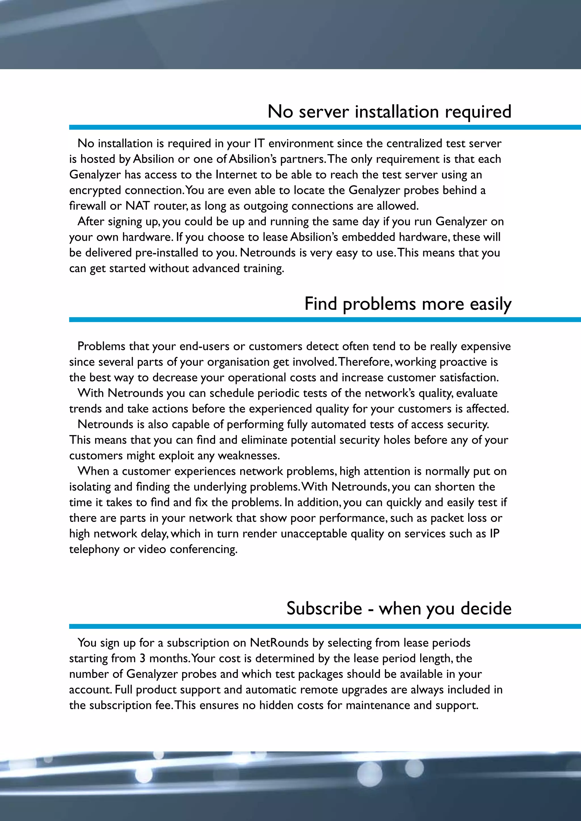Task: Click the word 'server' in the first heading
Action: (323, 112)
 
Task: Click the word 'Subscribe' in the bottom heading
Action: (324, 609)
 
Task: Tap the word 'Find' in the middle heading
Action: (321, 304)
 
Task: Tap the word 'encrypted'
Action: (95, 191)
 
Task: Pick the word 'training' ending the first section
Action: (263, 268)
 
